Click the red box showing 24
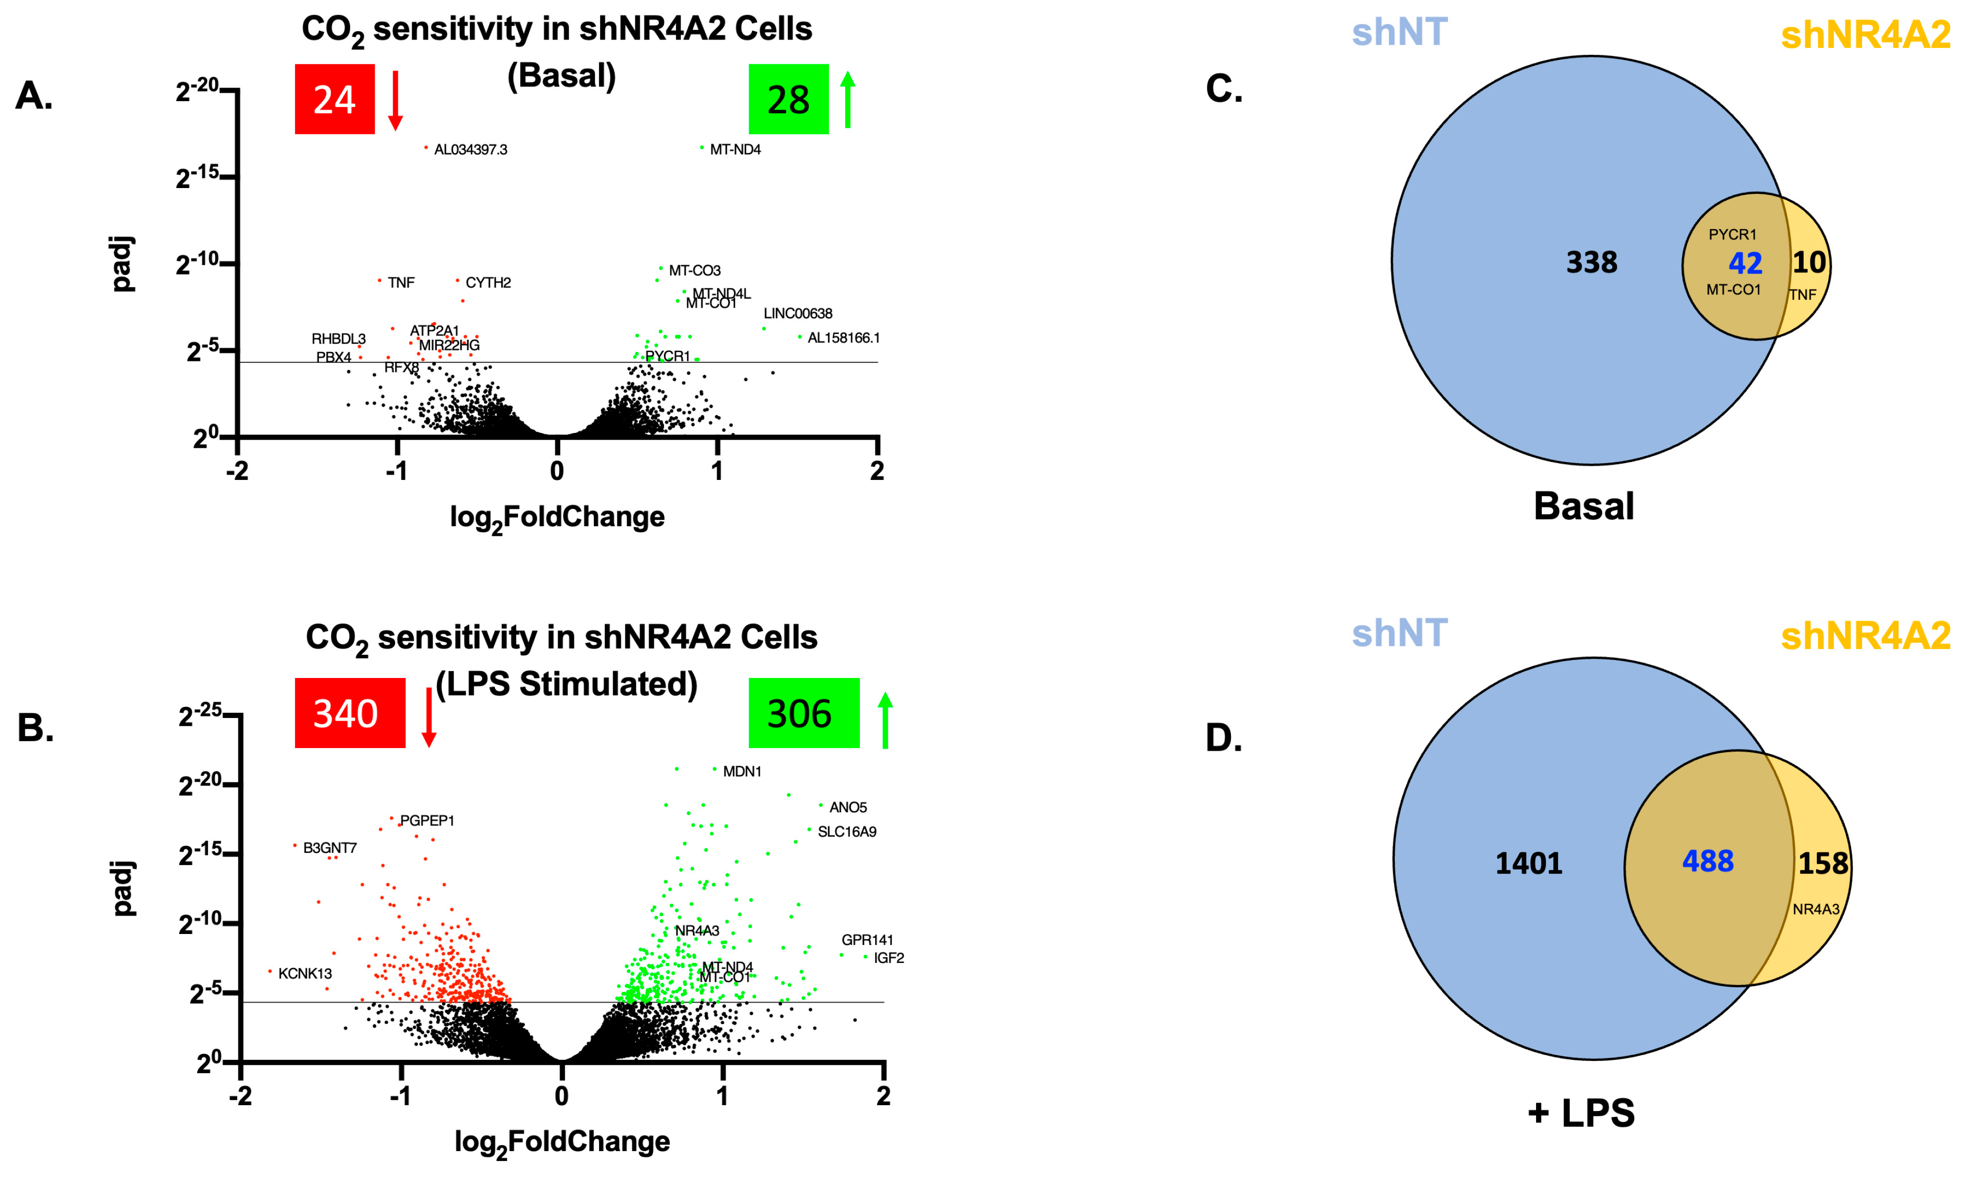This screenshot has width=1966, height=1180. tap(334, 100)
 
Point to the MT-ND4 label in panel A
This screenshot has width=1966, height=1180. tap(735, 150)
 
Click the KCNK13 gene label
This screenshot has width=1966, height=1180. tap(305, 973)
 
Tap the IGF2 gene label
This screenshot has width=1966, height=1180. tap(888, 958)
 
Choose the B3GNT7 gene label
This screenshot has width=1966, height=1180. tap(329, 848)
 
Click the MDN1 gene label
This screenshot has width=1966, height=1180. tap(741, 771)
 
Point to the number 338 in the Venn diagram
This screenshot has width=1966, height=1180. tap(1591, 262)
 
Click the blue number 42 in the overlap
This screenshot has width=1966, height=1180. tap(1745, 263)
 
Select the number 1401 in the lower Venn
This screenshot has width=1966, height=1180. tap(1528, 863)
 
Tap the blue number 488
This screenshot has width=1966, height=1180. tap(1707, 861)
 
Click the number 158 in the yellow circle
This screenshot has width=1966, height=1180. tap(1823, 863)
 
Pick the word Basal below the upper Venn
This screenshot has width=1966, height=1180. tap(1583, 507)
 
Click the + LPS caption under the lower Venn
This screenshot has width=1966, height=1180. tap(1581, 1113)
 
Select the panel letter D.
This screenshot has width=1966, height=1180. tap(1223, 738)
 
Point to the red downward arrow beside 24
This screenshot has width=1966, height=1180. tap(395, 100)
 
